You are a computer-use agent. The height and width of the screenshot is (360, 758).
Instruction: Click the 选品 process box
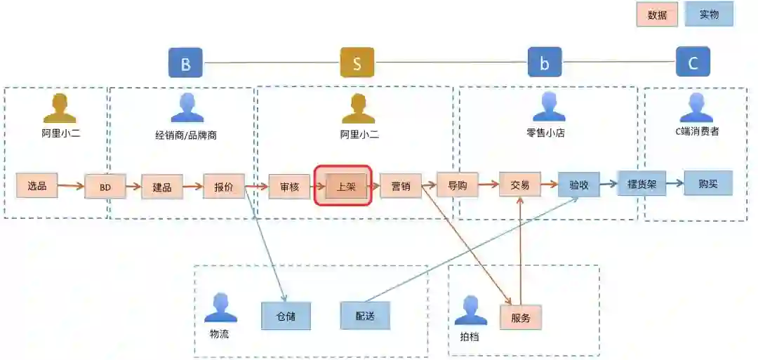[37, 186]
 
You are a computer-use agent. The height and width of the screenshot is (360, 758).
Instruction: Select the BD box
[105, 187]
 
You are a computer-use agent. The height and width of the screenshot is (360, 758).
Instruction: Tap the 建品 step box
[162, 187]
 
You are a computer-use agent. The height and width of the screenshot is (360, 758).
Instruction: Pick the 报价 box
[224, 187]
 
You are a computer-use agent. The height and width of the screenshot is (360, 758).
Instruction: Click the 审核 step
[289, 187]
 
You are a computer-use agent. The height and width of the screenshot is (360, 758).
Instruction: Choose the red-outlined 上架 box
[346, 187]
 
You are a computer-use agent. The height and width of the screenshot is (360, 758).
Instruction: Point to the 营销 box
[401, 187]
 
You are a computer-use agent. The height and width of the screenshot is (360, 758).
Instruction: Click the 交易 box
[520, 185]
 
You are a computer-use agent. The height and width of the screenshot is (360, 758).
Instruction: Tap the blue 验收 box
[579, 185]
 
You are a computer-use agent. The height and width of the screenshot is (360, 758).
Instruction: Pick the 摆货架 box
[641, 184]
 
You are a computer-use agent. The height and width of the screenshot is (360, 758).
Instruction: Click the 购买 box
[708, 183]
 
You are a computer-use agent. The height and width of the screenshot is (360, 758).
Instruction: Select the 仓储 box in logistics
[286, 316]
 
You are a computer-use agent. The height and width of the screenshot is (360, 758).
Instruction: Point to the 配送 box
[365, 315]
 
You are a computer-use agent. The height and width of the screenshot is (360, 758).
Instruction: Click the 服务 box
[521, 317]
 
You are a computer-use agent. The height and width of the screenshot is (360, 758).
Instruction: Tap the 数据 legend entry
[657, 15]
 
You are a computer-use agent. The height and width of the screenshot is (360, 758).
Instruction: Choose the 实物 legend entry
[709, 14]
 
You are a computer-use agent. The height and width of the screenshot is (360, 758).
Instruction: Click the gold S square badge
[357, 63]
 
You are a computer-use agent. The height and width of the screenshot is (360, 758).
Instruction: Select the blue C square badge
[693, 62]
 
